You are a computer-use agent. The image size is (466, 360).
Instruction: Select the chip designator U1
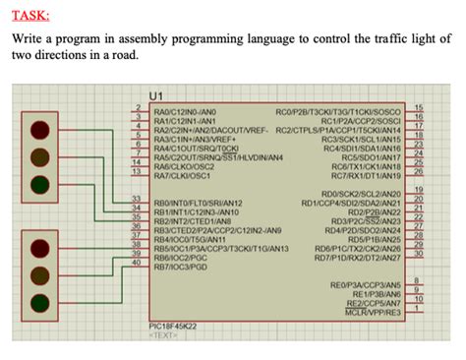pyautogui.click(x=154, y=94)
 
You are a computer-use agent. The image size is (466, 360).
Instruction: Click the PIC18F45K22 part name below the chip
pyautogui.click(x=172, y=325)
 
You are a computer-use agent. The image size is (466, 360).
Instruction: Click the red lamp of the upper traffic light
pyautogui.click(x=39, y=130)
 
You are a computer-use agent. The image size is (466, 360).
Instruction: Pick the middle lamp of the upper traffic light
pyautogui.click(x=39, y=156)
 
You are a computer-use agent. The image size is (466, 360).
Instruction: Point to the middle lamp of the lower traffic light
pyautogui.click(x=39, y=274)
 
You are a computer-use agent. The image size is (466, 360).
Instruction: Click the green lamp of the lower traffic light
pyautogui.click(x=39, y=301)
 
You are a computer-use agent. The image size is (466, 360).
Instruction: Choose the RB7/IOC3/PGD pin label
pyautogui.click(x=181, y=266)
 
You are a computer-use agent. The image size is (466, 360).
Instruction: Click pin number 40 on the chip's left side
pyautogui.click(x=138, y=261)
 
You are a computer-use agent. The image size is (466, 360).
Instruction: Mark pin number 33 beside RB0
pyautogui.click(x=138, y=200)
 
